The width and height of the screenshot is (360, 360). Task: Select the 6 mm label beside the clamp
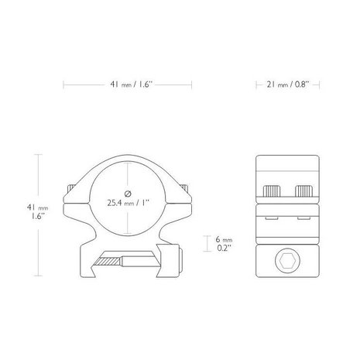tap(223, 241)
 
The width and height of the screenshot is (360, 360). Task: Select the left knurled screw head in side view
tap(273, 190)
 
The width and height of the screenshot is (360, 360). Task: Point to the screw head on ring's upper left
tap(73, 188)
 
